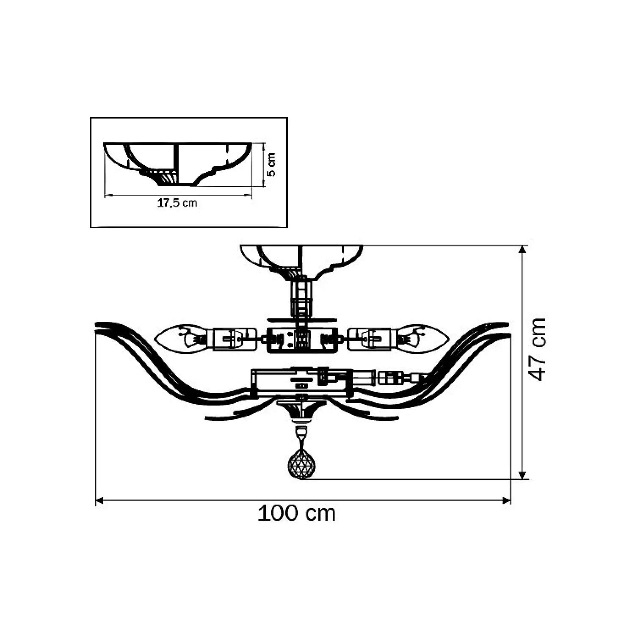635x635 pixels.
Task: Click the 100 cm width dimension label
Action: (297, 514)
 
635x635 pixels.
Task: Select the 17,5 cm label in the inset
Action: (177, 203)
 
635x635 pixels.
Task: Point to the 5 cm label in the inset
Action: (271, 165)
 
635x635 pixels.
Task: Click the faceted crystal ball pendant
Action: (301, 465)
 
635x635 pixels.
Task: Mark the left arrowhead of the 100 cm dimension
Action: (100, 501)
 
